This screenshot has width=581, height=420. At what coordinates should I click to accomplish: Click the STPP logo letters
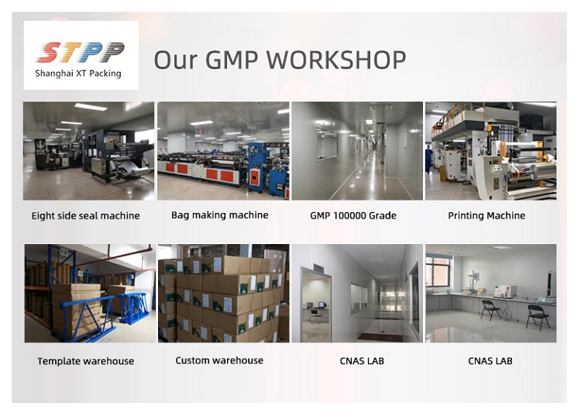(80, 52)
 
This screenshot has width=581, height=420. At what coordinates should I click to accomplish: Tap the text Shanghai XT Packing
(78, 74)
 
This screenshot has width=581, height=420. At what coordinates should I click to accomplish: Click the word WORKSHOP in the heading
(336, 60)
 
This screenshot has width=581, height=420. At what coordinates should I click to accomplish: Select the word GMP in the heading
(232, 60)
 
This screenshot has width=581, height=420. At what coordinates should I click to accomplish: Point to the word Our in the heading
(176, 60)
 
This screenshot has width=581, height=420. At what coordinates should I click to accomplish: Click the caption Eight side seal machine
(85, 215)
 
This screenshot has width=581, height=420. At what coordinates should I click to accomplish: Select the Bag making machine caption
(220, 215)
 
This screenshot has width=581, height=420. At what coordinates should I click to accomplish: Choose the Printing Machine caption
(486, 215)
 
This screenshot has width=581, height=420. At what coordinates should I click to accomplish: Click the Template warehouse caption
(85, 361)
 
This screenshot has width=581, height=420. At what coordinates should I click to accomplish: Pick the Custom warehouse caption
(219, 360)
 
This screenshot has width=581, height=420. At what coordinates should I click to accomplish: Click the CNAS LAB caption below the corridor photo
(362, 361)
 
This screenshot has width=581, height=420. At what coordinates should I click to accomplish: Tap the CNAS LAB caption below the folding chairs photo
(490, 361)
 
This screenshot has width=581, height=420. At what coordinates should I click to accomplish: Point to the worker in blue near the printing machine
(428, 159)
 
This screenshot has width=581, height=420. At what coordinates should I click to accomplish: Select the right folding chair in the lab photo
(538, 317)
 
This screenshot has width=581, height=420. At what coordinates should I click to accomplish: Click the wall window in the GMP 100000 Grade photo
(327, 144)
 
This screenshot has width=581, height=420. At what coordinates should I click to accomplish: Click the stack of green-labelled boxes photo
(223, 293)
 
